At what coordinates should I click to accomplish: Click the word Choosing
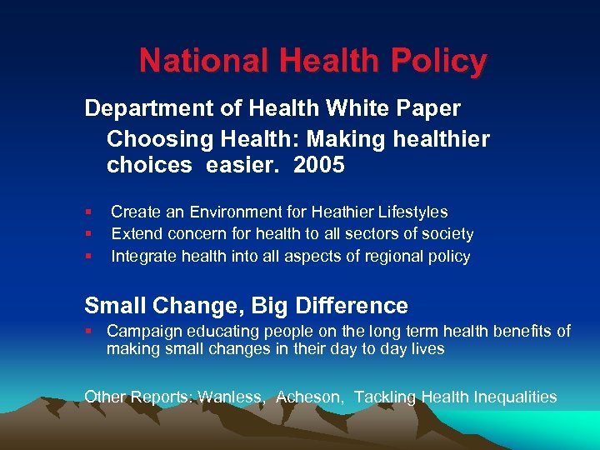point(159,137)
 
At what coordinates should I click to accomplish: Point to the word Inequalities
point(512,397)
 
